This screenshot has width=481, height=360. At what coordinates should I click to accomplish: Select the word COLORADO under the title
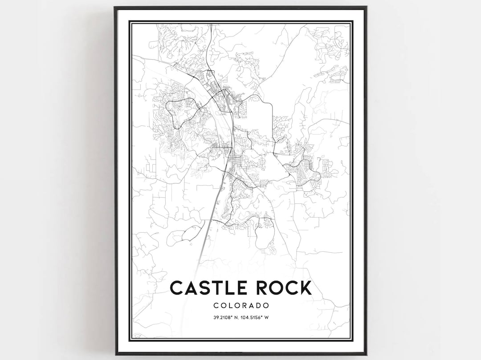241,306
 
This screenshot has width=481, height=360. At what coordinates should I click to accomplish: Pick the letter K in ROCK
306,287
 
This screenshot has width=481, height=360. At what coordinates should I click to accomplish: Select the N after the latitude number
236,317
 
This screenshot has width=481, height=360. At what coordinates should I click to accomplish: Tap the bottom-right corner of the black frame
366,355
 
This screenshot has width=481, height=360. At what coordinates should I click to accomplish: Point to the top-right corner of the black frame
366,7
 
